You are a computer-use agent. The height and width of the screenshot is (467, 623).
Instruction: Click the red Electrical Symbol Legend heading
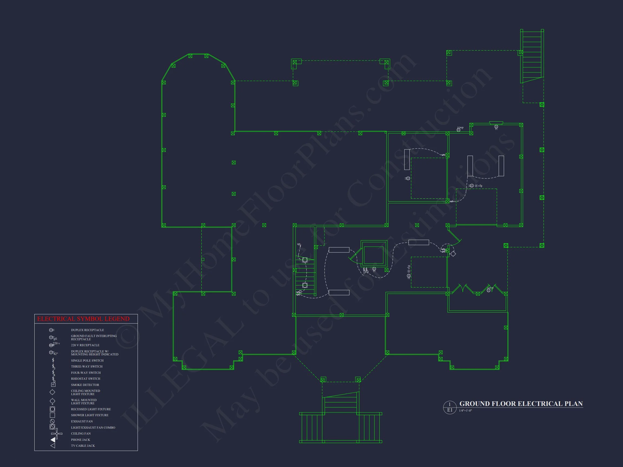83,319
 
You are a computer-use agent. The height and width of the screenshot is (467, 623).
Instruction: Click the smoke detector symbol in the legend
53,385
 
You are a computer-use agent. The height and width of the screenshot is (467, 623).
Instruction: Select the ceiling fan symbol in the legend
57,433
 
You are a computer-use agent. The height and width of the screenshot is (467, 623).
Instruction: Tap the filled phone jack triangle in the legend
53,439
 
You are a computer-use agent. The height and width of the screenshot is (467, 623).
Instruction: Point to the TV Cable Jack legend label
83,446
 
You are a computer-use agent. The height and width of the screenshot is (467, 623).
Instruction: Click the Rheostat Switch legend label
85,379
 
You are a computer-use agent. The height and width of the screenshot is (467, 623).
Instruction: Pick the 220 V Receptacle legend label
85,345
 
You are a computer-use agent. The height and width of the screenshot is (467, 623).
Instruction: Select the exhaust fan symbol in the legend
52,421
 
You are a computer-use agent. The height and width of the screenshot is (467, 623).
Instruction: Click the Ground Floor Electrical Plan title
521,404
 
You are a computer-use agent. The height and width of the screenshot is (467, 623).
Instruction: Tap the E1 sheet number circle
449,407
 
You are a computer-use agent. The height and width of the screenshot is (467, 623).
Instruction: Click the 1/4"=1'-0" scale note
465,411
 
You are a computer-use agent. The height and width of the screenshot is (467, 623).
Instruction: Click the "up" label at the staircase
299,244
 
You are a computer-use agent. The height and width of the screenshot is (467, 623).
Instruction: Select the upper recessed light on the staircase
305,260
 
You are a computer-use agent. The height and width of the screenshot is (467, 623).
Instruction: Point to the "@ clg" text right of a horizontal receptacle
479,186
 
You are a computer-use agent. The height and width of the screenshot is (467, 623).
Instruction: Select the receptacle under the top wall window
496,127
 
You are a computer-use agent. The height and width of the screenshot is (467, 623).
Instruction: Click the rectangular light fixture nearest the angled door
419,242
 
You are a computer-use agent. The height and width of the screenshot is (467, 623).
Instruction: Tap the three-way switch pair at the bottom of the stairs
299,293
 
